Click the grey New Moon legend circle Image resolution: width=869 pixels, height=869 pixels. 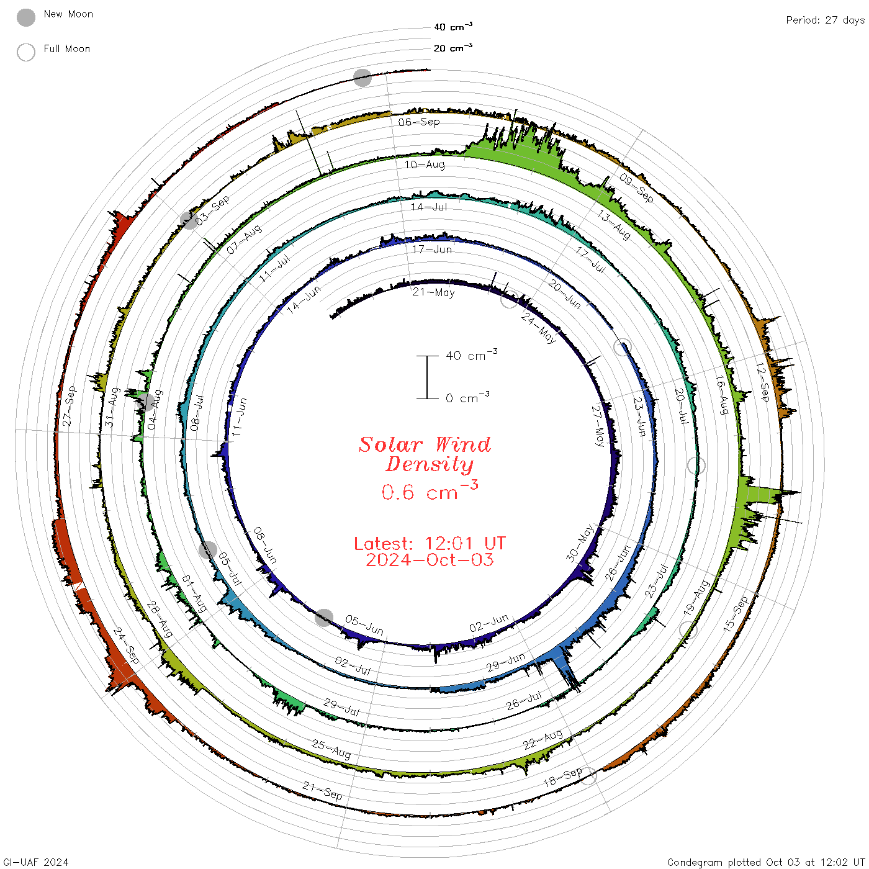[x=26, y=17]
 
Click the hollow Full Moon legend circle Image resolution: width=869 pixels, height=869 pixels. [x=26, y=52]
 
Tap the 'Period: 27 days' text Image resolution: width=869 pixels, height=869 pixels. [x=826, y=20]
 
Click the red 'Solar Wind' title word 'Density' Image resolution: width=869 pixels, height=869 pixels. [x=430, y=464]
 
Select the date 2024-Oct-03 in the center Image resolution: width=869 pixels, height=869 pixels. [x=430, y=560]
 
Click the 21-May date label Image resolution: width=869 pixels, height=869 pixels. [x=433, y=292]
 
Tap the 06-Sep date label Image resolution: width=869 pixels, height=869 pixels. [x=419, y=122]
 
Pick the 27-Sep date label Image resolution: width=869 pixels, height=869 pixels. [x=69, y=406]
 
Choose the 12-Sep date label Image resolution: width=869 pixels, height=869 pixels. [x=763, y=382]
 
